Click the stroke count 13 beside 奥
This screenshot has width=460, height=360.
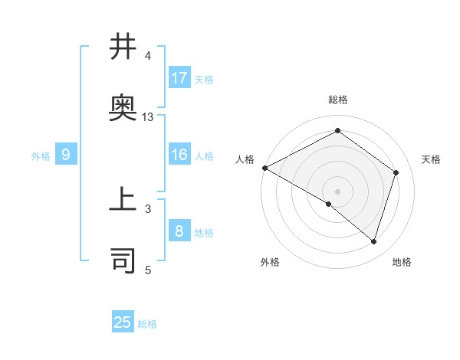[148, 117]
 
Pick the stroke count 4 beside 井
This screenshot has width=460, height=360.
[148, 56]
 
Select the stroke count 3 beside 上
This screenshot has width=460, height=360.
[148, 208]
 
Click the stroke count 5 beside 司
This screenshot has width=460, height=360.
[148, 269]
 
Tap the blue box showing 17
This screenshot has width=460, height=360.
[179, 78]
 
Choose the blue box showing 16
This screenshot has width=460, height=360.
[179, 155]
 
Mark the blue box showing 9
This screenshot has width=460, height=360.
[66, 155]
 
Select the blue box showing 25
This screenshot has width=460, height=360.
[123, 322]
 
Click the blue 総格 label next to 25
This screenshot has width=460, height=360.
[147, 324]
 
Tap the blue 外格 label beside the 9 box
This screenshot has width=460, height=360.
[41, 156]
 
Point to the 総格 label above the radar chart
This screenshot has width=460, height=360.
[337, 100]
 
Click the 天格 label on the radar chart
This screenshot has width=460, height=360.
[432, 159]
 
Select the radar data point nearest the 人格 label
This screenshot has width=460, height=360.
[264, 168]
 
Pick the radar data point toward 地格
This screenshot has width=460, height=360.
[373, 241]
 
